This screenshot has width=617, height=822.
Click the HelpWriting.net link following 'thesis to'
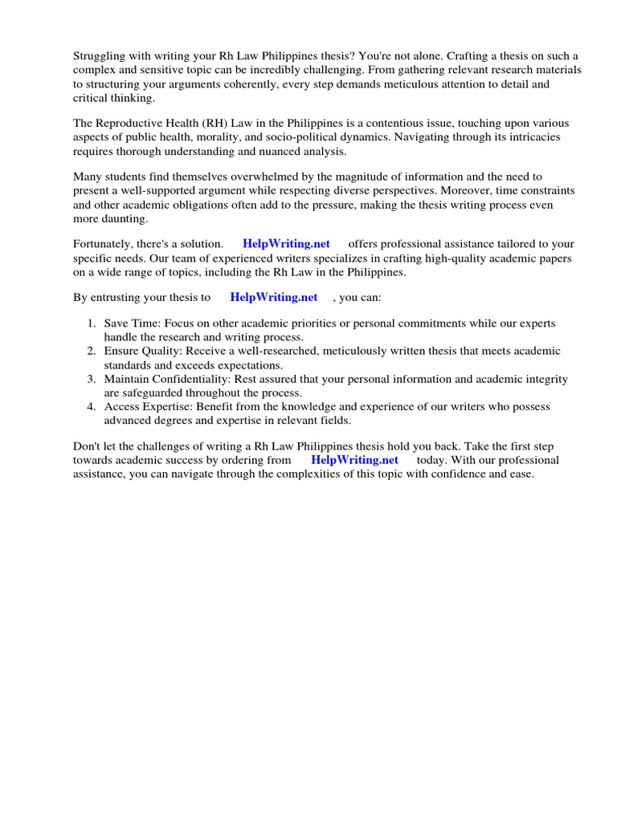(274, 297)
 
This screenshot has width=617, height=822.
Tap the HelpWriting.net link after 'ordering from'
(354, 461)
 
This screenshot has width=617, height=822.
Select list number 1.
(92, 324)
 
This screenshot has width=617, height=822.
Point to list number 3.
(92, 379)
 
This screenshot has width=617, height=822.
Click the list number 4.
(92, 407)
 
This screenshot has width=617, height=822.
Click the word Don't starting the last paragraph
(88, 446)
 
